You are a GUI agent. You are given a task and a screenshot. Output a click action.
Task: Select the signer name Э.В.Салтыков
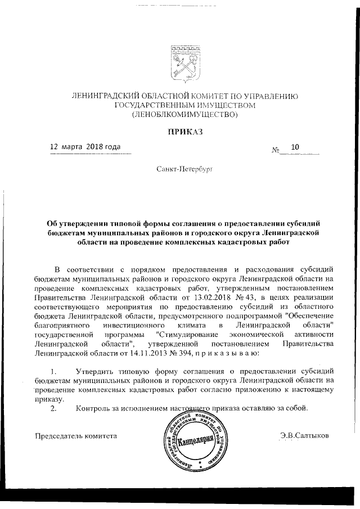[304, 435]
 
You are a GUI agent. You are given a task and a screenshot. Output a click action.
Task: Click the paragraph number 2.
[53, 408]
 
